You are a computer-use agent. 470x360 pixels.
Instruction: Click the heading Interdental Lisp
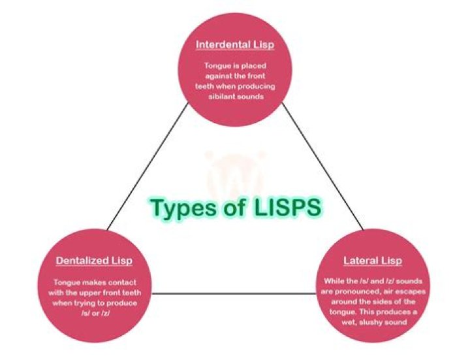(235, 44)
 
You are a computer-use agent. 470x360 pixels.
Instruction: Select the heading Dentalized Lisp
(94, 261)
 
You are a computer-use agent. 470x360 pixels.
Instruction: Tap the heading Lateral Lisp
(373, 261)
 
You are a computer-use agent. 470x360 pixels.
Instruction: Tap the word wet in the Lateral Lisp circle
(349, 323)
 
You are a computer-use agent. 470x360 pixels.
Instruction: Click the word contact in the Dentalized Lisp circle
(122, 283)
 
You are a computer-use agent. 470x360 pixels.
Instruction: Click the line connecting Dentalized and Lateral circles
(234, 293)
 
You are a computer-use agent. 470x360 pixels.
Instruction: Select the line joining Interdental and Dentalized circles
(148, 167)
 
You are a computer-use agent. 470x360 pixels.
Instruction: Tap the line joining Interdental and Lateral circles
(323, 167)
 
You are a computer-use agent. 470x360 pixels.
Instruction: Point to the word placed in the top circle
(253, 66)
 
